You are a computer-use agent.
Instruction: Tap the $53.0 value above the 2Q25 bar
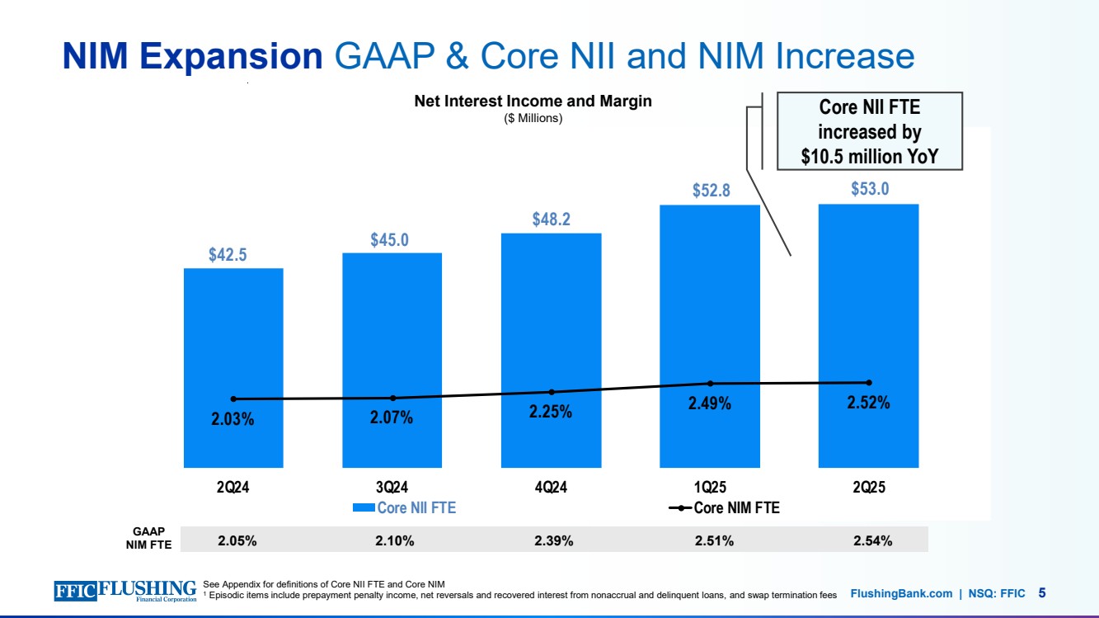[870, 189]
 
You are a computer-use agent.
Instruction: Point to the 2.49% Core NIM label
[710, 404]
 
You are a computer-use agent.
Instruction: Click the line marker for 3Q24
[392, 399]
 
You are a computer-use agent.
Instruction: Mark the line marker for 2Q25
[869, 382]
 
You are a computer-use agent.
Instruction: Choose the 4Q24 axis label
[551, 488]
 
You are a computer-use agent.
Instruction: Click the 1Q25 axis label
[710, 488]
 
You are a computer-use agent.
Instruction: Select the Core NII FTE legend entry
[404, 508]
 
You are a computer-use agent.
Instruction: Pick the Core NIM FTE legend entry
[725, 508]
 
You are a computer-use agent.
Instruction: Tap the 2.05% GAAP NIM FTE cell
[237, 540]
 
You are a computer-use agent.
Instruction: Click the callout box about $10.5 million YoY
[870, 130]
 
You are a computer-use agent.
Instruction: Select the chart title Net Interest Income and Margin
[533, 101]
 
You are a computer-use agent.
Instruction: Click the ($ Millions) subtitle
[533, 118]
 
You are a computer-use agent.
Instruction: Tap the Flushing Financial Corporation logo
[125, 591]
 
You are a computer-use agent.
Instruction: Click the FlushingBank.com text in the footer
[900, 593]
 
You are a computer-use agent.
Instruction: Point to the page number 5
[1042, 592]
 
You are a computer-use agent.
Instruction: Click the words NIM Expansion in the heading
[193, 56]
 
